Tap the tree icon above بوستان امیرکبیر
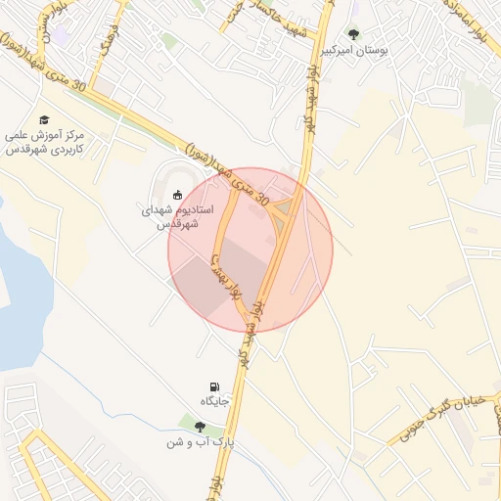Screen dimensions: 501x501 click(x=353, y=32)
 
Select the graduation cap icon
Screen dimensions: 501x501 click(x=45, y=118)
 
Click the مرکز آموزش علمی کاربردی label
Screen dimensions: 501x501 click(x=45, y=142)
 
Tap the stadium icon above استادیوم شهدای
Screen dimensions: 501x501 click(x=177, y=194)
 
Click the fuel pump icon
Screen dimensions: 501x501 click(x=214, y=387)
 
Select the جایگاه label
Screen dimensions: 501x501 click(x=214, y=402)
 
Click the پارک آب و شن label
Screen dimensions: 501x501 click(x=200, y=442)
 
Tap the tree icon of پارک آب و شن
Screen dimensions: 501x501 click(x=200, y=427)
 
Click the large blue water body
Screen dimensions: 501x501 click(x=20, y=294)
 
